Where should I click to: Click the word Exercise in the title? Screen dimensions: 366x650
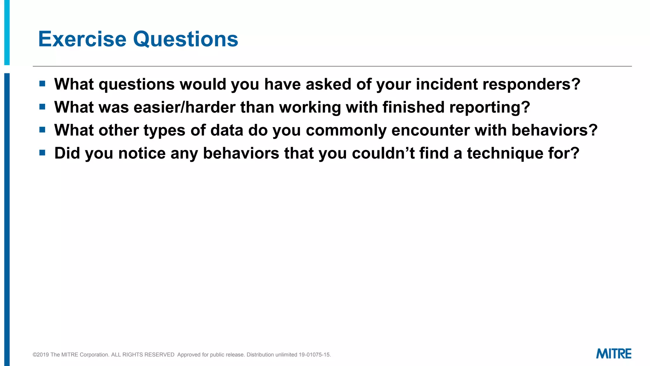[82, 39]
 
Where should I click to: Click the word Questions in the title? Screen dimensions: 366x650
[185, 39]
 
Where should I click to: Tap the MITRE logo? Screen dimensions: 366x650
[614, 354]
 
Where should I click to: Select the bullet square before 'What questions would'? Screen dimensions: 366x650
[42, 84]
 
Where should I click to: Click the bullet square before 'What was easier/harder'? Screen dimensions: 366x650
[42, 107]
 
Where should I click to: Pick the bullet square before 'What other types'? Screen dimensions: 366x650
[42, 130]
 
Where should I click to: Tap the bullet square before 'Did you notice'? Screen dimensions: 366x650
[42, 153]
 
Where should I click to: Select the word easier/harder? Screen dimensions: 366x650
[184, 107]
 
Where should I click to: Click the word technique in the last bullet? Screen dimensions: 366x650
[505, 154]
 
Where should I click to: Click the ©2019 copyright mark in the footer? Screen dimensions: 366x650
[41, 355]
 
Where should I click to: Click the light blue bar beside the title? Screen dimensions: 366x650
[7, 32]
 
